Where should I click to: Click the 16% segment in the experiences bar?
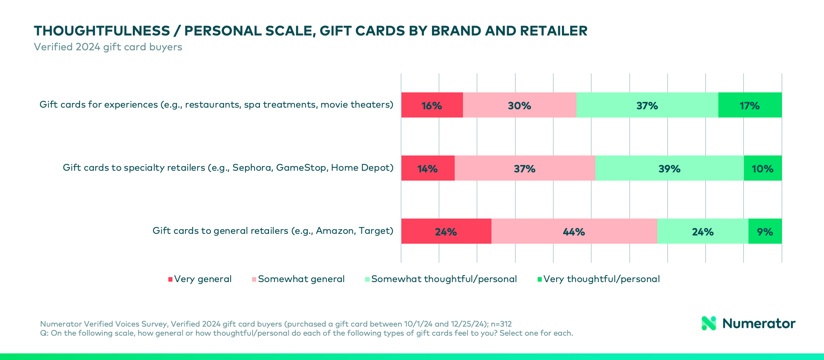[x=432, y=105]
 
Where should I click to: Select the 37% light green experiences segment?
[x=647, y=105]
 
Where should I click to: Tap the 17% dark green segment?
[x=750, y=105]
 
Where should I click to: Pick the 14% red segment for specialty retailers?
[x=427, y=168]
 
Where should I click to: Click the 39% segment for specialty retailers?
[x=669, y=168]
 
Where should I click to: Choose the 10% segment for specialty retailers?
[x=763, y=168]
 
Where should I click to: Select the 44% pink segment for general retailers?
[x=574, y=231]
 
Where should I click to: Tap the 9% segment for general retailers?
[x=765, y=231]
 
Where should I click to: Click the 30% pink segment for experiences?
[x=519, y=105]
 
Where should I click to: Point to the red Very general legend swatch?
[x=170, y=280]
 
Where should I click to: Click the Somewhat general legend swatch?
[x=254, y=280]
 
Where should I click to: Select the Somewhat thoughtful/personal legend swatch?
[x=367, y=280]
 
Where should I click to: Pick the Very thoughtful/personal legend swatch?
[x=539, y=280]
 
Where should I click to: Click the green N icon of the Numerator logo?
[x=709, y=323]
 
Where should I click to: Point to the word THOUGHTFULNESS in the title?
[x=102, y=31]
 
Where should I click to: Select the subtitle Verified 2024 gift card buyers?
[x=108, y=47]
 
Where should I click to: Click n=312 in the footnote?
[x=501, y=324]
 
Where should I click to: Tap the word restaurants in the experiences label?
[x=212, y=105]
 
